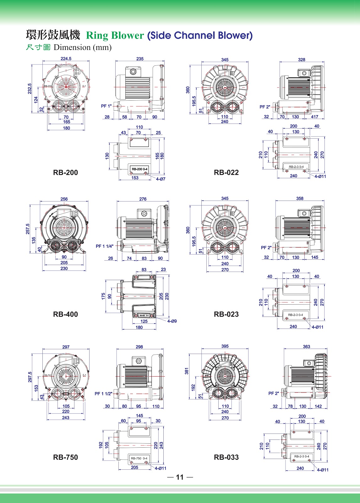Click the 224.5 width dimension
[66, 58]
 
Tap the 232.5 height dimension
[30, 89]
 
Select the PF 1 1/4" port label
[105, 246]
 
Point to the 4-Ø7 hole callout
[161, 179]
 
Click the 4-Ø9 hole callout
[172, 321]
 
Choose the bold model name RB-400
[65, 314]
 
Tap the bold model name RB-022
[226, 172]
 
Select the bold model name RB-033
[226, 457]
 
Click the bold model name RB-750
[65, 457]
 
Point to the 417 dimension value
[314, 117]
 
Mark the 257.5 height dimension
[28, 229]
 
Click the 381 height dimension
[187, 371]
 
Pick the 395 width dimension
[225, 346]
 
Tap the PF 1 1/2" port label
[103, 394]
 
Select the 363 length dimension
[306, 346]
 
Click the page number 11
[180, 477]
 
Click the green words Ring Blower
[115, 36]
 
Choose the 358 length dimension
[300, 198]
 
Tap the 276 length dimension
[143, 199]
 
